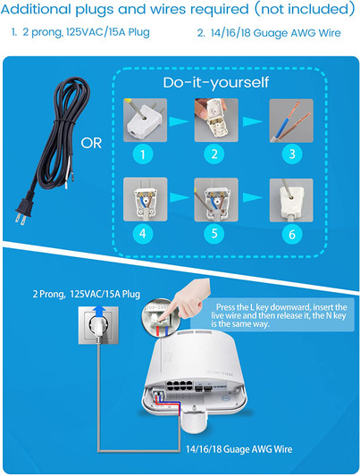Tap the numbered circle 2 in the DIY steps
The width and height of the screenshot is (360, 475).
point(213,154)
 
